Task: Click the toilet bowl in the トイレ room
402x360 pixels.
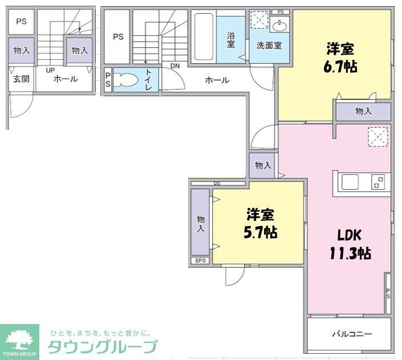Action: tap(126, 80)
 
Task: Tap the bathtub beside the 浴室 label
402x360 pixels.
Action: tap(202, 37)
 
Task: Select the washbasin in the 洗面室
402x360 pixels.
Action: tap(279, 26)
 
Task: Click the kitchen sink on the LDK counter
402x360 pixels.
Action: tap(350, 182)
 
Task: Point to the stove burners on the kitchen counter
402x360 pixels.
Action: tap(378, 182)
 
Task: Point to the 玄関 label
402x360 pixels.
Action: tap(21, 79)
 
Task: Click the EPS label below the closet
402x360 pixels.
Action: tap(200, 261)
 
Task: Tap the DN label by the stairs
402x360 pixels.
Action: tap(175, 66)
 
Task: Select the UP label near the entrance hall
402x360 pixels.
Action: tap(50, 69)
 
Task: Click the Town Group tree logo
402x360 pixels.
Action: tap(19, 340)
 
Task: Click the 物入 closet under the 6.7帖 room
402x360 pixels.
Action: tap(363, 112)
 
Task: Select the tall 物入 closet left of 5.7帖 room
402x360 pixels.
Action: tap(200, 222)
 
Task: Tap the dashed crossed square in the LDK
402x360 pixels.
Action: tap(377, 137)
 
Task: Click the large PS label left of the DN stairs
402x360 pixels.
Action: tap(118, 37)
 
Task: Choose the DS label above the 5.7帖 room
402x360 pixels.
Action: tap(217, 183)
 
